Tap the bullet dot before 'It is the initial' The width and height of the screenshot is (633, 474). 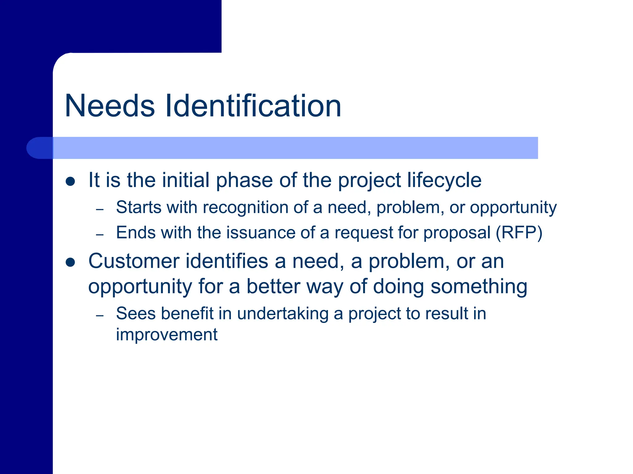click(70, 181)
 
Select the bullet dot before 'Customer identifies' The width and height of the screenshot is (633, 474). click(70, 263)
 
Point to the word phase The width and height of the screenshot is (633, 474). click(244, 180)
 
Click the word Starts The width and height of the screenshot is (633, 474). click(138, 207)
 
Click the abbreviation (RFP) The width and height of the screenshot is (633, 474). click(519, 233)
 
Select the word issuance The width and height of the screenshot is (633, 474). click(261, 232)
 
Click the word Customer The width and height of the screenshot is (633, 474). click(134, 261)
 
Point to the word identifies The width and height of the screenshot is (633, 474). click(227, 261)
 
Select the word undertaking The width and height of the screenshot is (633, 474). click(283, 314)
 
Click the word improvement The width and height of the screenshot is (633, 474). click(167, 335)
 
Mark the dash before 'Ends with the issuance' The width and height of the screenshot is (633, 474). click(100, 235)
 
